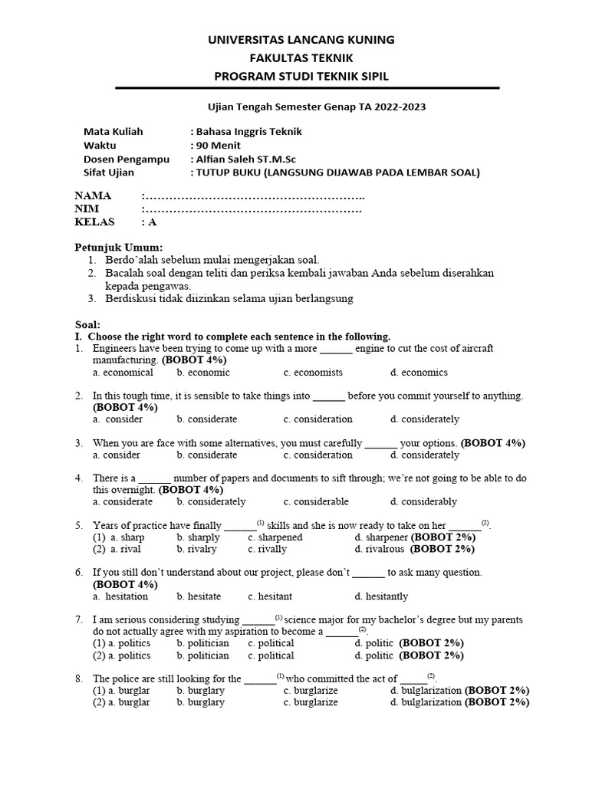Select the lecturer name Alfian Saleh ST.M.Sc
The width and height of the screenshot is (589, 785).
246,159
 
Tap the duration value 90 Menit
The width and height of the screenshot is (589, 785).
218,145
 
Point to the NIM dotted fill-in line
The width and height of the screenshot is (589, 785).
253,209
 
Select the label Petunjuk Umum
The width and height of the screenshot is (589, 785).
119,247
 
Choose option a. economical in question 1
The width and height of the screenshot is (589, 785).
123,373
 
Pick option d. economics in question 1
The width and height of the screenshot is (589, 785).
419,373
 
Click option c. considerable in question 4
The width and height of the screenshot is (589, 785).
315,502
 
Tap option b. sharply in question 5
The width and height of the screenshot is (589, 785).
198,537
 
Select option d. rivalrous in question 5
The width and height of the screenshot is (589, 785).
380,550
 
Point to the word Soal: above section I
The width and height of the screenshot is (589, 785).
87,325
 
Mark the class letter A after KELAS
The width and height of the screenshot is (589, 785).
152,222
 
